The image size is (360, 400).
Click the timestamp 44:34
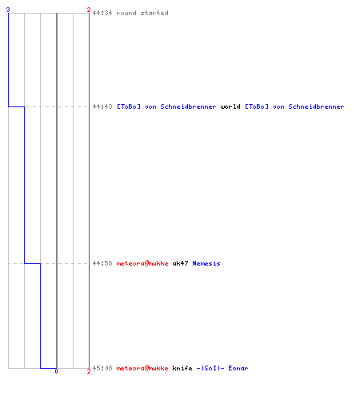click(x=102, y=13)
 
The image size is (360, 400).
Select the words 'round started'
click(x=142, y=13)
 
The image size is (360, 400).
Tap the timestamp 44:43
click(x=102, y=106)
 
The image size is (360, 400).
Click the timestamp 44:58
click(x=102, y=263)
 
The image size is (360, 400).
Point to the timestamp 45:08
click(x=102, y=368)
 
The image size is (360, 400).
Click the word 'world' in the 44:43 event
click(x=230, y=106)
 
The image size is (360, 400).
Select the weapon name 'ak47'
click(x=180, y=263)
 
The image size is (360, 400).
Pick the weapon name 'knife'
click(x=182, y=368)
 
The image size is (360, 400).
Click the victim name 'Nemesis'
click(x=206, y=263)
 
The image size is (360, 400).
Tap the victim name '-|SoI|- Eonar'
click(x=222, y=368)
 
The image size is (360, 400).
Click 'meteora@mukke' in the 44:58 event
click(x=142, y=263)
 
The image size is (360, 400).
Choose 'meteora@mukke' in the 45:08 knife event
click(x=142, y=368)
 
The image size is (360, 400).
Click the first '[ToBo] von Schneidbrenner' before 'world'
click(x=166, y=106)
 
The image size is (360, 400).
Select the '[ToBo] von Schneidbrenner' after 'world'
click(x=294, y=106)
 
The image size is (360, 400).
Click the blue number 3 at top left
click(x=8, y=10)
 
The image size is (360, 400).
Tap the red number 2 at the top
click(x=89, y=10)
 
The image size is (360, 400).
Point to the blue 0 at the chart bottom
click(x=56, y=371)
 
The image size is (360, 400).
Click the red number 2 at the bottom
click(x=89, y=371)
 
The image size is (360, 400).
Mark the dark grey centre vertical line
click(x=57, y=190)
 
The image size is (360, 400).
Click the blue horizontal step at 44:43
click(x=16, y=106)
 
